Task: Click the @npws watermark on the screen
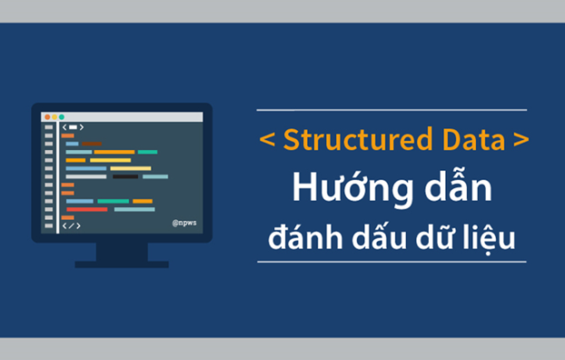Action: pyautogui.click(x=184, y=221)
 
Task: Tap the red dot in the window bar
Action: pyautogui.click(x=46, y=117)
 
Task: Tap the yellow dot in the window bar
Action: pyautogui.click(x=54, y=117)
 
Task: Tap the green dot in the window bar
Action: pyautogui.click(x=61, y=117)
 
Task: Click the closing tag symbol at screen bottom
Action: pyautogui.click(x=72, y=225)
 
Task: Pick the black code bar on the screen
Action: pyautogui.click(x=124, y=176)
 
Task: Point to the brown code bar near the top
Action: pyautogui.click(x=91, y=144)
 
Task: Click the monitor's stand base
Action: pyautogui.click(x=122, y=264)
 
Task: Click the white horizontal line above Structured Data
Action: pyautogui.click(x=392, y=110)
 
